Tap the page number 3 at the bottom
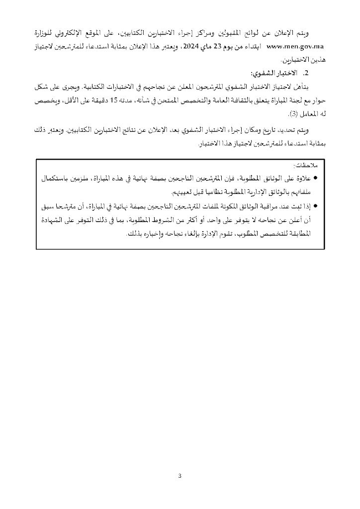point(180,476)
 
